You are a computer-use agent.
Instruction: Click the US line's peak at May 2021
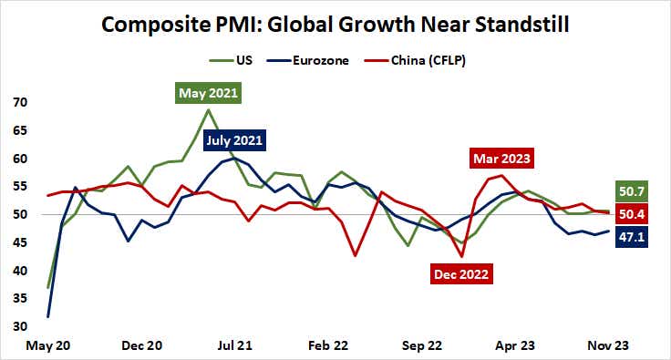click(209, 110)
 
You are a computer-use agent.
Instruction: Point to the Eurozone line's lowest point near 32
click(47, 316)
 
